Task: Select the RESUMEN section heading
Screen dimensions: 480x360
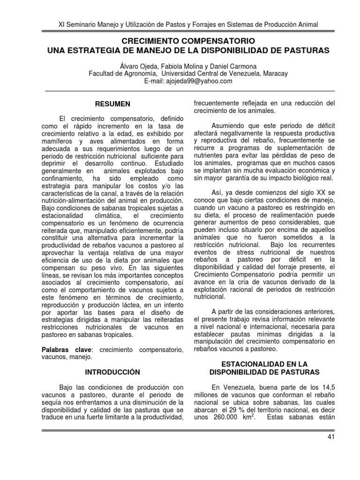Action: pos(112,104)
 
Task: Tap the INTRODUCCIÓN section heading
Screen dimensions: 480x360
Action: pos(112,372)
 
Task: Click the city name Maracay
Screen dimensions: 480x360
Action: pos(274,74)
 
